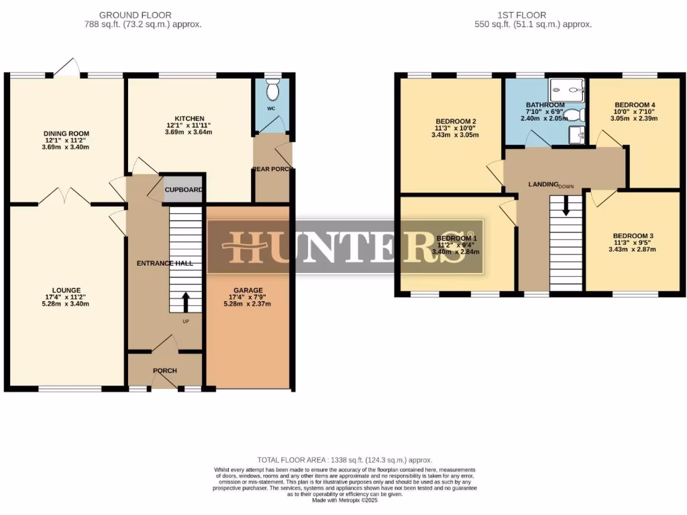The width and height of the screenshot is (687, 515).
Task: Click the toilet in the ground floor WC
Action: point(272,89)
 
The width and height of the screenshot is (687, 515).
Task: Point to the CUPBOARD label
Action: point(184,190)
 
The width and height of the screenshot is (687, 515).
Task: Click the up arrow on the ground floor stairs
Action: point(184,300)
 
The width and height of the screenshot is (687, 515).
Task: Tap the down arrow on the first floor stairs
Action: point(566,205)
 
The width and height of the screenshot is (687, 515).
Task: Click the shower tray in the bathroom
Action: point(568,89)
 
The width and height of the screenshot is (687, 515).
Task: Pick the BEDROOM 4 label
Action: point(635,105)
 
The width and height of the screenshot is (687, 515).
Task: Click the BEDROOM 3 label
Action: point(633,236)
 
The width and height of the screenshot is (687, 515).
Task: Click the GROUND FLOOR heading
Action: point(135,15)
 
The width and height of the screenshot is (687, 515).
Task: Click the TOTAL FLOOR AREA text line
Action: point(344,461)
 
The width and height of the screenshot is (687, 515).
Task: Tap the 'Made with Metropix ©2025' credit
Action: point(344,500)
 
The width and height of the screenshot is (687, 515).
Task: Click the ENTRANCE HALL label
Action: point(165,264)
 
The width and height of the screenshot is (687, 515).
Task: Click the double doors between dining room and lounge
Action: point(64,196)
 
